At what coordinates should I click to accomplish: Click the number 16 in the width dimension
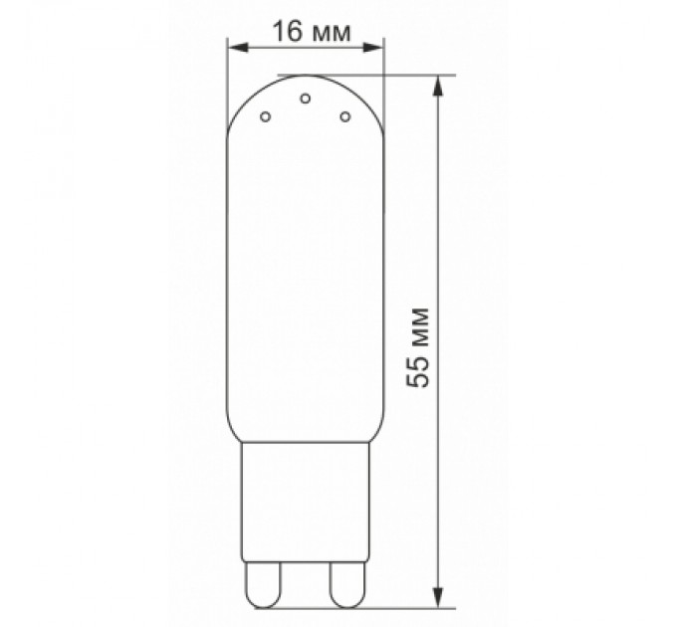(287, 31)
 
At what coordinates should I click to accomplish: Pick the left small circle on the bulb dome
(265, 117)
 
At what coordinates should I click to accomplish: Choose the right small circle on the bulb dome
(345, 117)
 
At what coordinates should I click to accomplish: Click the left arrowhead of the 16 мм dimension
(235, 46)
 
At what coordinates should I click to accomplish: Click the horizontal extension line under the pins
(398, 605)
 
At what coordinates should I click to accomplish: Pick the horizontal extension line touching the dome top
(398, 75)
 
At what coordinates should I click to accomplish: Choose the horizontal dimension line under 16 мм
(306, 46)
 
